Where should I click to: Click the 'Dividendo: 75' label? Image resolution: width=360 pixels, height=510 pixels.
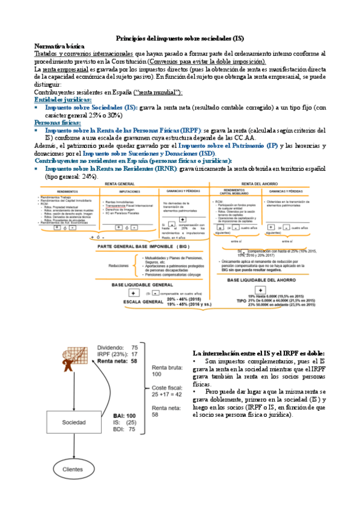(x=118, y=348)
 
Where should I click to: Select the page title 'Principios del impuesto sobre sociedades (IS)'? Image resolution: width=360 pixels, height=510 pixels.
(x=180, y=37)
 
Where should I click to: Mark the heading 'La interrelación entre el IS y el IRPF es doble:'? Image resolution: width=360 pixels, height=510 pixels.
(x=258, y=352)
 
